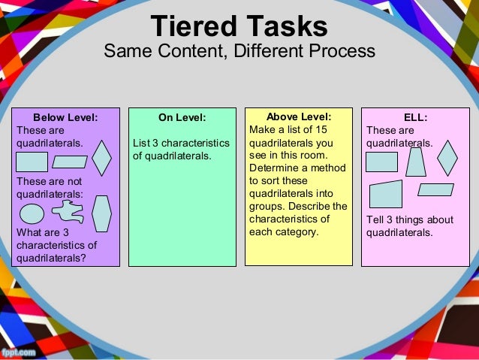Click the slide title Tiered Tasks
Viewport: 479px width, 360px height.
click(x=239, y=26)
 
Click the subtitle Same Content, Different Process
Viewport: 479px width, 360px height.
click(x=239, y=52)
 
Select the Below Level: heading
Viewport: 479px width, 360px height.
click(x=65, y=117)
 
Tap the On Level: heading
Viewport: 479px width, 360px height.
click(x=182, y=117)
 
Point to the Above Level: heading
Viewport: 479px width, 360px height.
click(x=299, y=116)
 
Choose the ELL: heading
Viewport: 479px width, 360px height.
click(x=415, y=117)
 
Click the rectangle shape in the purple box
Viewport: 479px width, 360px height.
click(x=32, y=162)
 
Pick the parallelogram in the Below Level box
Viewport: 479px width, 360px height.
click(x=70, y=162)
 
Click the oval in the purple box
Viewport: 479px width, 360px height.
click(x=32, y=213)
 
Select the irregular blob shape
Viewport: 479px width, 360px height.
click(x=68, y=213)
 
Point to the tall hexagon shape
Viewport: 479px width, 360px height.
click(x=101, y=213)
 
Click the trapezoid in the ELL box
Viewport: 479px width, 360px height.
click(x=415, y=162)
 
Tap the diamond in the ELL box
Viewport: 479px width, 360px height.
click(x=447, y=158)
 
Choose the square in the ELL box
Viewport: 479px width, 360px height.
click(x=382, y=162)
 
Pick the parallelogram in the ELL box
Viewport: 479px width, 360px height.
click(x=435, y=189)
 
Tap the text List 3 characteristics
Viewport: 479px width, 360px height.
click(x=180, y=143)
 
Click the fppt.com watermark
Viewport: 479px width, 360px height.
click(x=20, y=352)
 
